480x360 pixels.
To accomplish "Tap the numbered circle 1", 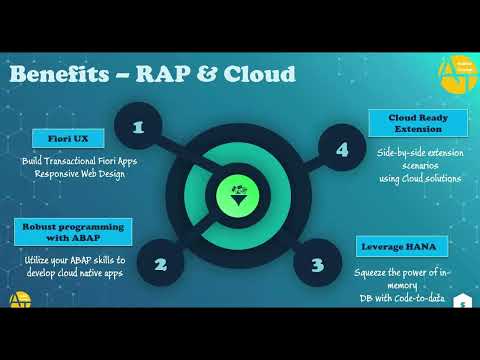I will point(138,127).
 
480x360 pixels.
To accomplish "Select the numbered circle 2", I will point(159,265).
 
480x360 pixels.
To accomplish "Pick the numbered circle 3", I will point(317,265).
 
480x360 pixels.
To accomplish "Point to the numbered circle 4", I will point(342,150).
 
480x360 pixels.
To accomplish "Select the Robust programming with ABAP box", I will point(72,233).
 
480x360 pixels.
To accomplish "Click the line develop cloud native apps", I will point(74,272).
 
